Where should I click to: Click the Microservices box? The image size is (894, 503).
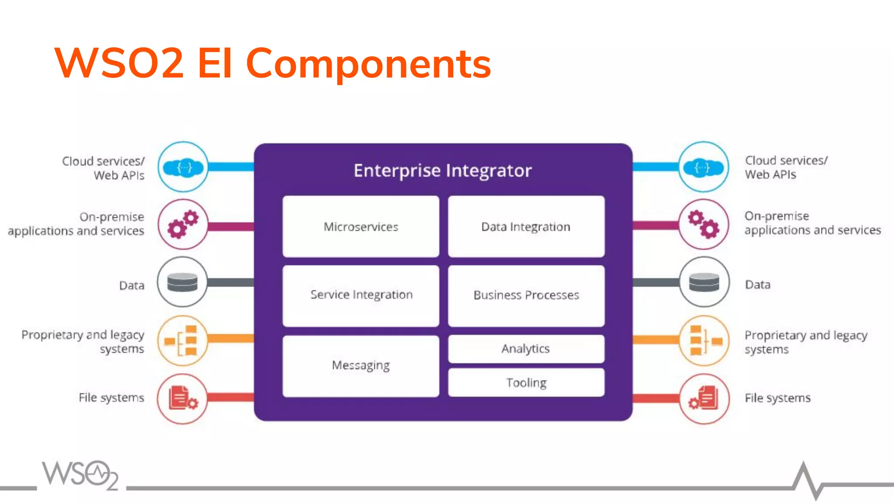click(x=361, y=227)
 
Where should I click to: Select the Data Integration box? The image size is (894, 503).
click(x=526, y=227)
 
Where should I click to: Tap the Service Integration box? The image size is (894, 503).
click(x=361, y=295)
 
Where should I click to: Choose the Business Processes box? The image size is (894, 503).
click(x=526, y=295)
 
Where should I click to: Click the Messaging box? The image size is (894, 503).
click(x=361, y=365)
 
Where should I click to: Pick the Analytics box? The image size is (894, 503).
click(x=526, y=348)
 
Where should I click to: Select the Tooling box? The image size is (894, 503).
click(x=526, y=382)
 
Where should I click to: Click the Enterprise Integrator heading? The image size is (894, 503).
click(x=443, y=171)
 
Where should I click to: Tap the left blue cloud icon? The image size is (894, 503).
click(x=183, y=167)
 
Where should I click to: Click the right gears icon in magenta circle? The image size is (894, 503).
click(x=703, y=224)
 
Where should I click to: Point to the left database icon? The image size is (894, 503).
click(x=182, y=282)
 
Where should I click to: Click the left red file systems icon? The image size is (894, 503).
click(x=182, y=398)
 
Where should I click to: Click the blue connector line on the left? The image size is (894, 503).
click(x=231, y=167)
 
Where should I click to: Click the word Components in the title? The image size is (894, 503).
click(x=368, y=64)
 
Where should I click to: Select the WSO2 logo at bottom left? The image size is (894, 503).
click(x=80, y=475)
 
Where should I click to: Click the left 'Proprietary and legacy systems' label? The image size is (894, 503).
click(x=83, y=341)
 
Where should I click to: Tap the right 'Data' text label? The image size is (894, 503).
click(x=757, y=285)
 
